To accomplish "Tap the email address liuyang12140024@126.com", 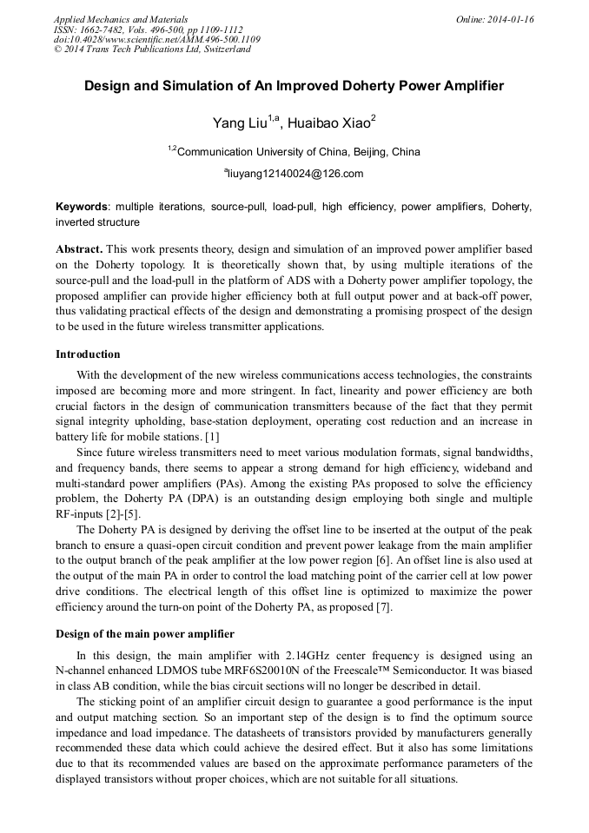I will coord(295,174).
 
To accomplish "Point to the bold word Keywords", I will coord(82,207).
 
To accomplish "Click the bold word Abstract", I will coord(78,248).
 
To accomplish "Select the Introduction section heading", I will coord(88,354).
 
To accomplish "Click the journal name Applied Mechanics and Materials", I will coord(121,19).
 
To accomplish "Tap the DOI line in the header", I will coord(156,39).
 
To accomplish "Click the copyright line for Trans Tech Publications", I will coord(152,50).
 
